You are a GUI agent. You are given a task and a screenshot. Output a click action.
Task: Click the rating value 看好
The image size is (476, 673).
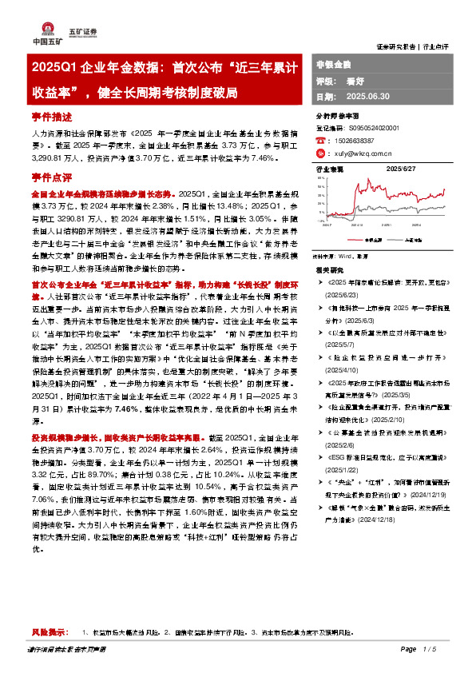pos(355,81)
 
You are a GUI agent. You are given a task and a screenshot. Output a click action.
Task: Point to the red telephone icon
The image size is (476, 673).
pos(321,140)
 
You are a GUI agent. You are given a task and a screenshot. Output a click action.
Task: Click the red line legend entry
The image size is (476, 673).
pos(358,238)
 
